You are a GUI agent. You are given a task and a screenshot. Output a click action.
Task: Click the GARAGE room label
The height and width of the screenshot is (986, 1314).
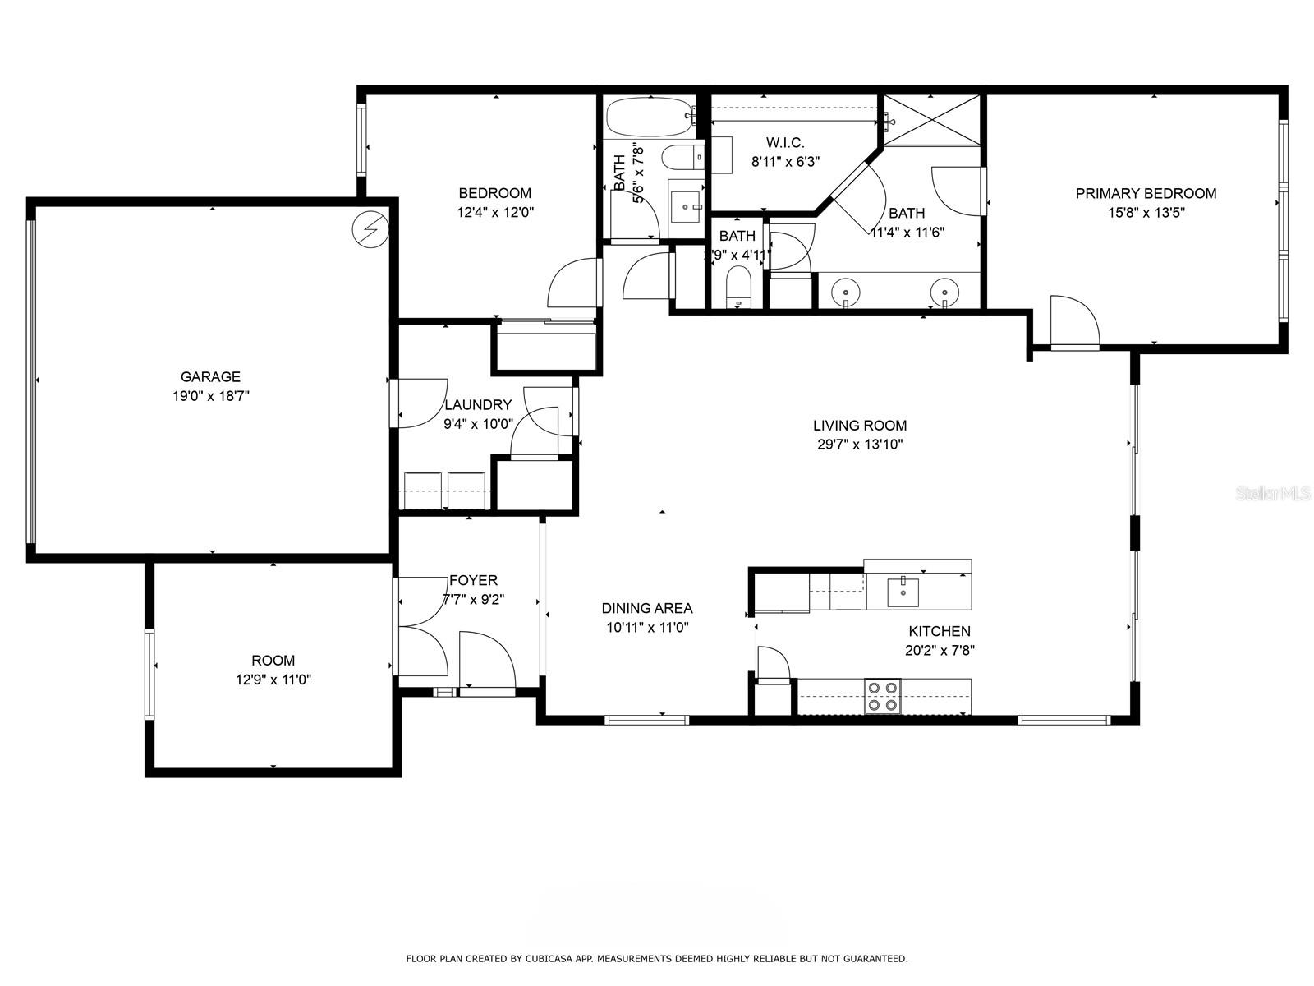tap(210, 377)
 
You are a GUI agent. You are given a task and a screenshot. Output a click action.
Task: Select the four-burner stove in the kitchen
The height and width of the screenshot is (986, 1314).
tap(883, 696)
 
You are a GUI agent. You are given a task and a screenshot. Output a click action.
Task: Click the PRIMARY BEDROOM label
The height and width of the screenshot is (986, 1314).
tap(1146, 194)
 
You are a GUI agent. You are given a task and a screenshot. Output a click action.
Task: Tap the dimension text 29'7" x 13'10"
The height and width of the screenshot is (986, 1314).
tap(860, 445)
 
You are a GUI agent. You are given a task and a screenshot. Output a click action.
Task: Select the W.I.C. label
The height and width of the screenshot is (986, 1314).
tap(785, 143)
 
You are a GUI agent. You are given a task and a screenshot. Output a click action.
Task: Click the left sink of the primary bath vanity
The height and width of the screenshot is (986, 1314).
tap(845, 291)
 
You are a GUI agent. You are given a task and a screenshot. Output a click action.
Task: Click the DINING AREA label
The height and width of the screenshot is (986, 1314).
tap(647, 609)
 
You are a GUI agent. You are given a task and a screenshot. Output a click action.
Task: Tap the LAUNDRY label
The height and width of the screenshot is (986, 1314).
tap(478, 405)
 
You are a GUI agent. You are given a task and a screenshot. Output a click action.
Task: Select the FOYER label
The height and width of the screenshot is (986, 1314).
tap(473, 581)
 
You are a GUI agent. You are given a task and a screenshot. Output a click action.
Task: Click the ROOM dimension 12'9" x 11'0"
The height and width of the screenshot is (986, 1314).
tap(273, 680)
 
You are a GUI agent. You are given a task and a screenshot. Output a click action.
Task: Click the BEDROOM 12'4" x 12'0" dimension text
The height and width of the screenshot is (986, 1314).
tap(494, 212)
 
